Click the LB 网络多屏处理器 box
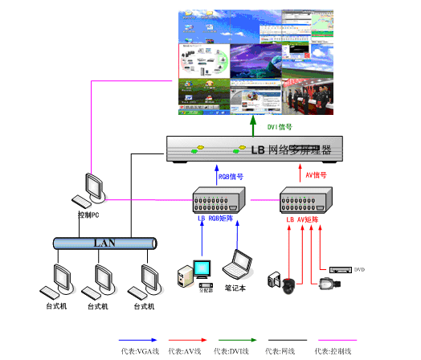click(x=254, y=149)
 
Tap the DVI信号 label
click(x=279, y=126)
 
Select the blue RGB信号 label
click(x=231, y=175)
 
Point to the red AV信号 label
click(x=316, y=174)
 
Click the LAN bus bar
click(x=104, y=242)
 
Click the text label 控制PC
click(x=88, y=215)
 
